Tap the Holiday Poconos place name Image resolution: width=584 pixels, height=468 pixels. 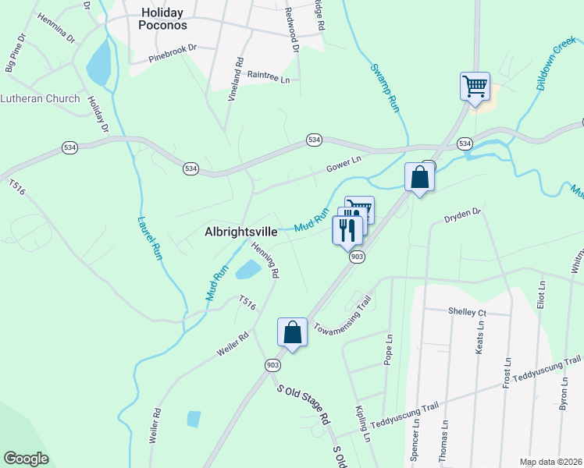[163, 19]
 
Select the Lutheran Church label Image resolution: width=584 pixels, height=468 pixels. [40, 98]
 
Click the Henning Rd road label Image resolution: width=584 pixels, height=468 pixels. [265, 260]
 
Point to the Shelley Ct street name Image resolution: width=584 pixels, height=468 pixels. [467, 312]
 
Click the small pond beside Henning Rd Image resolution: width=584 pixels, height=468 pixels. [247, 271]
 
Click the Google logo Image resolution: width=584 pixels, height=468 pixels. [26, 459]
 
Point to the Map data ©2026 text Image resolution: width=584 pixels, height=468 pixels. [550, 462]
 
